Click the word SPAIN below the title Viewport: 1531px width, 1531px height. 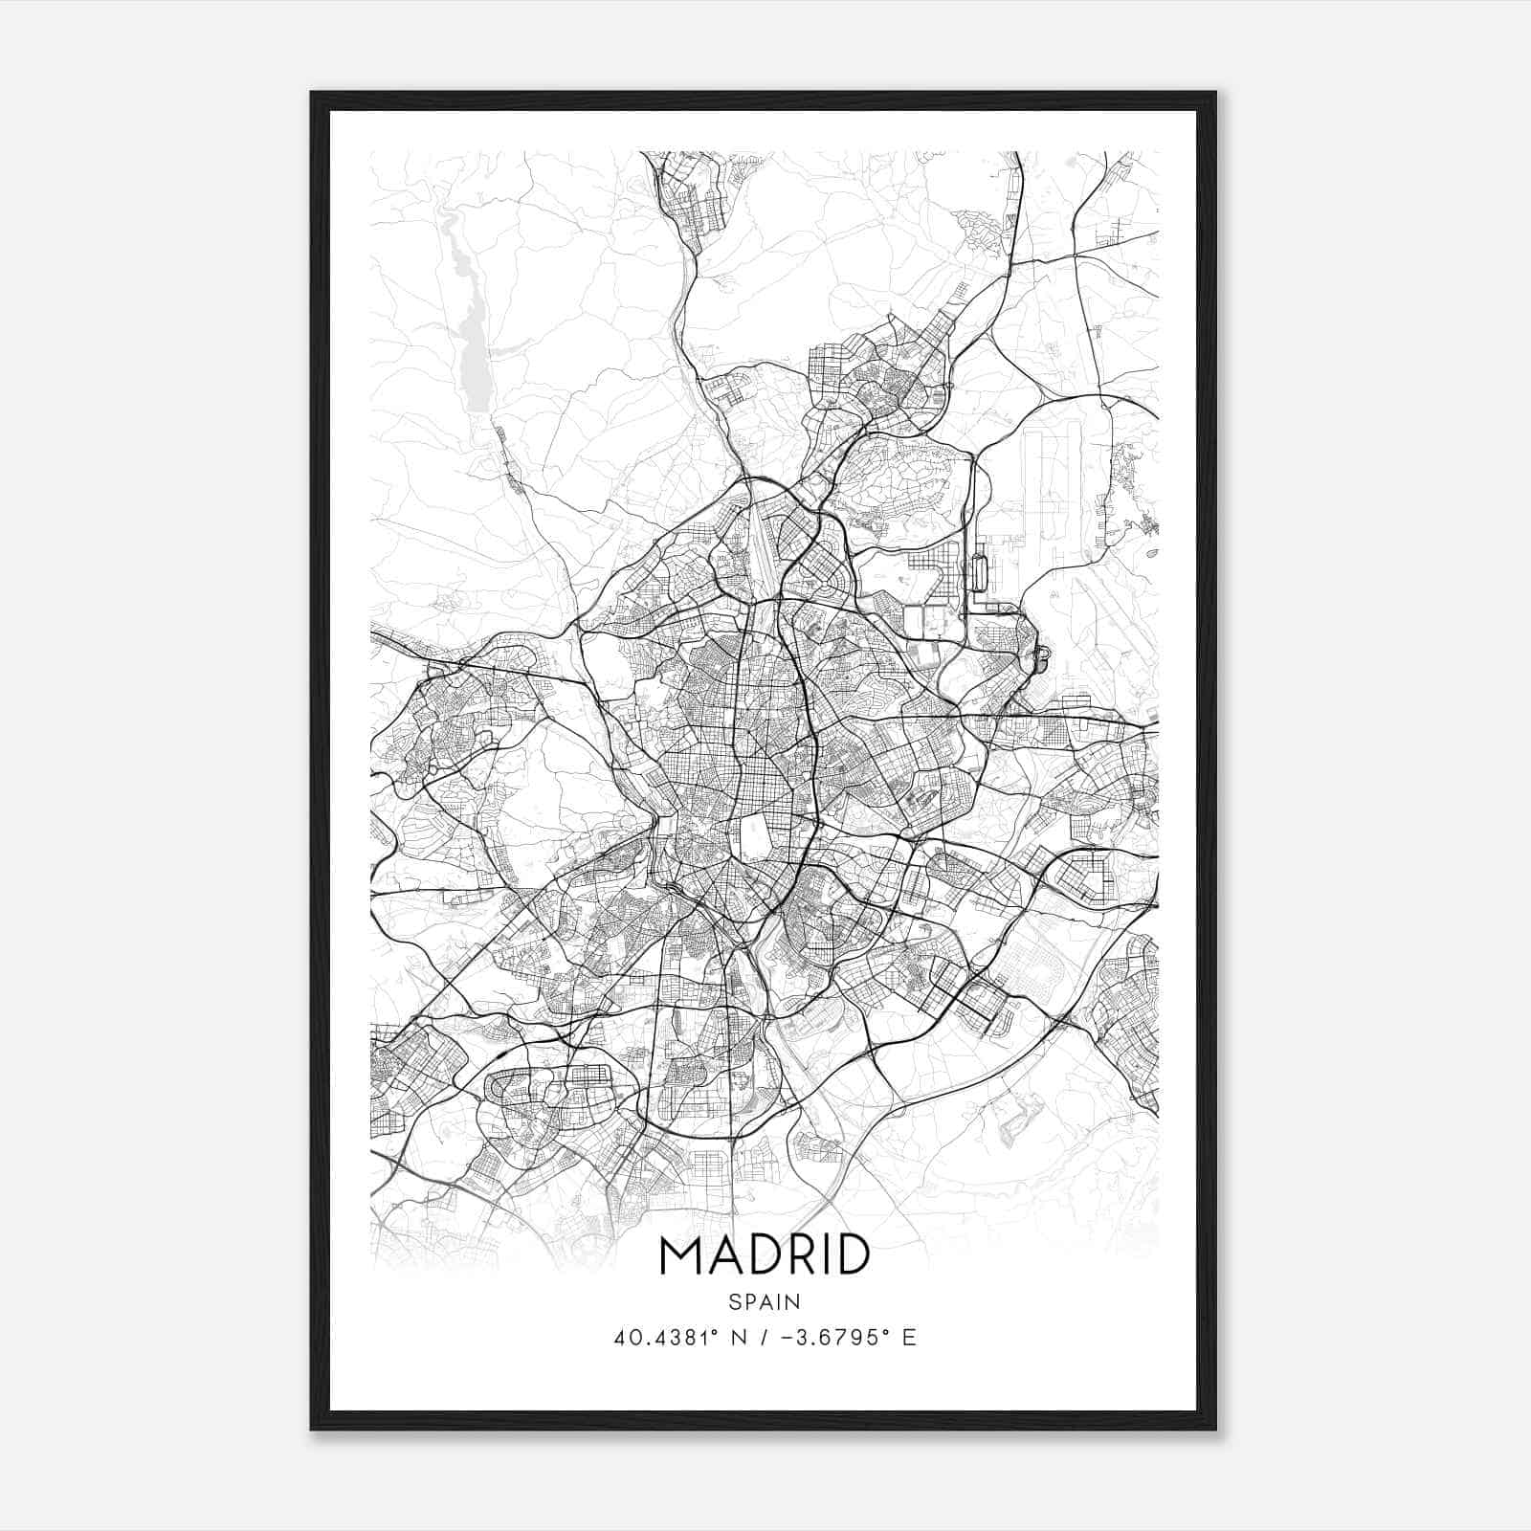(x=765, y=1302)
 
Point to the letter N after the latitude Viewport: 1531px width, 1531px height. (x=738, y=1337)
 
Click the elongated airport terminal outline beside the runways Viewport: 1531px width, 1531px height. (x=979, y=573)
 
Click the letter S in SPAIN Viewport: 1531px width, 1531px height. (x=734, y=1302)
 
